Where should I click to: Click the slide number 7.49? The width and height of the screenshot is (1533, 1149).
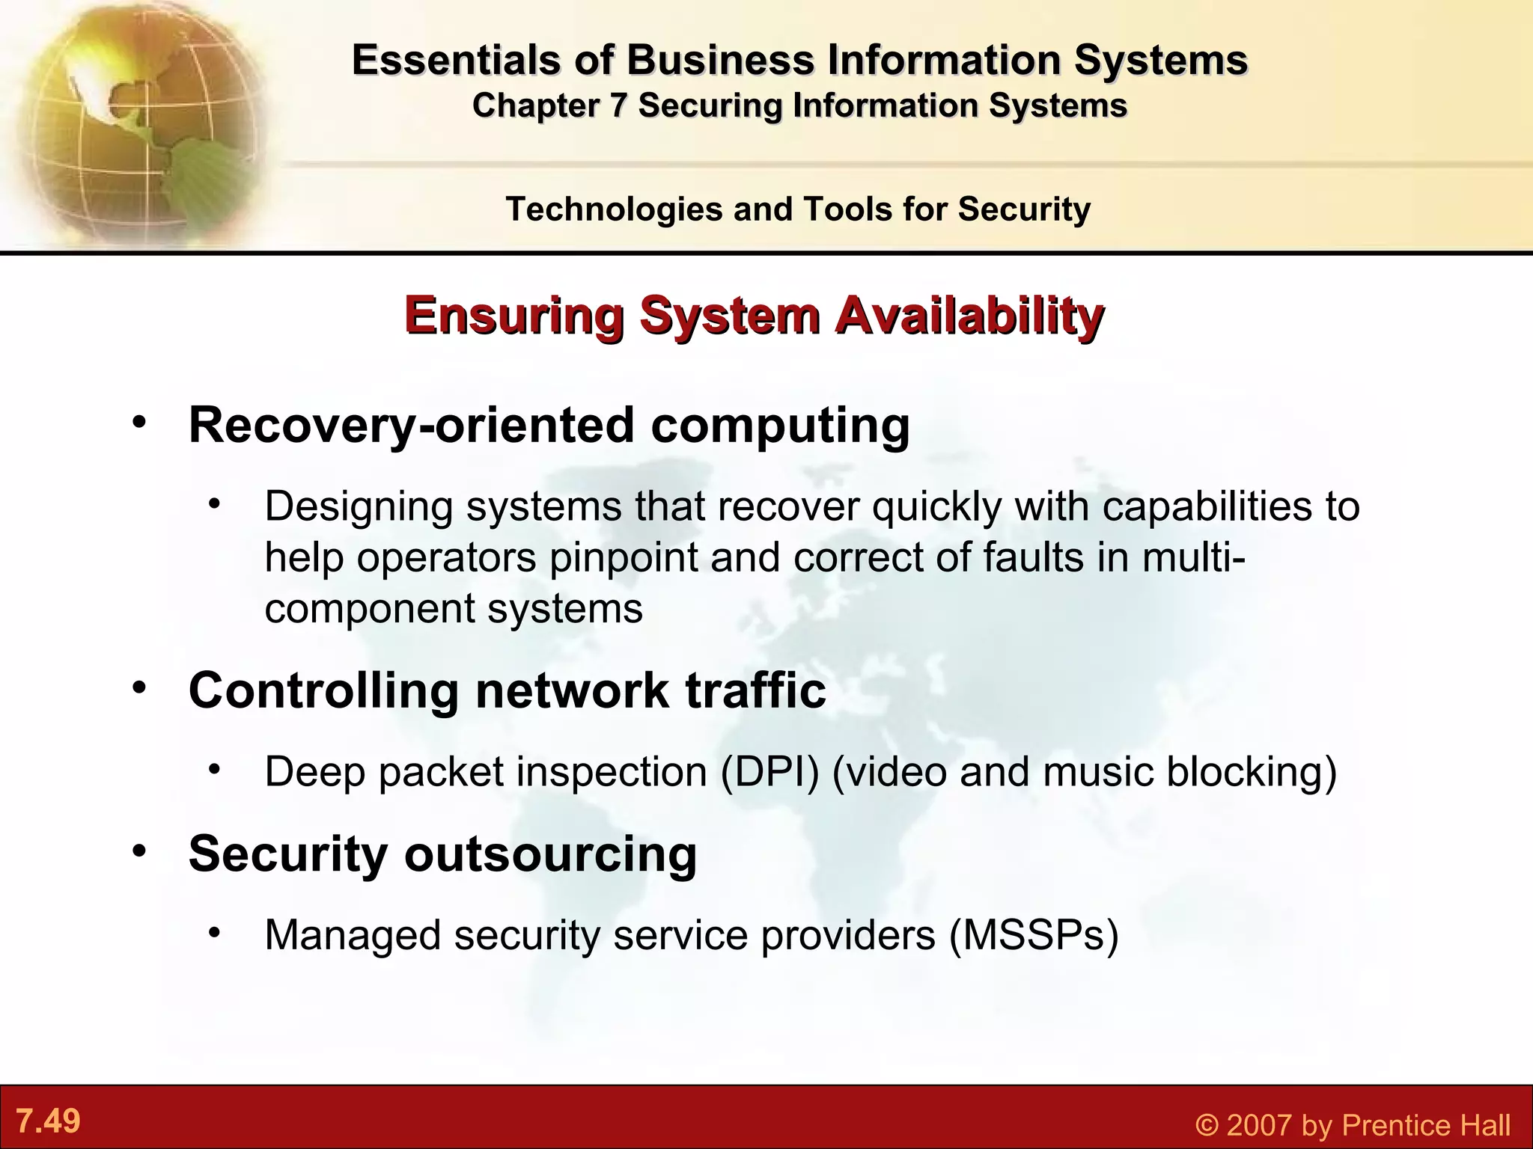(x=49, y=1121)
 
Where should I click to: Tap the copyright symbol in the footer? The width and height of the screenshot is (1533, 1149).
(x=1207, y=1125)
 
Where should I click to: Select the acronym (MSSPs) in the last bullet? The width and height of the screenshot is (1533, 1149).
(x=1034, y=935)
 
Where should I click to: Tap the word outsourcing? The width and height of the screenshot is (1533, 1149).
(x=551, y=853)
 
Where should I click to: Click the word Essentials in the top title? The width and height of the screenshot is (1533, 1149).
(x=455, y=60)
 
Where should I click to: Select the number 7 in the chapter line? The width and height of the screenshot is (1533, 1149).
(x=618, y=105)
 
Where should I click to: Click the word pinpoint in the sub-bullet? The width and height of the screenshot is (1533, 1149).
(x=624, y=557)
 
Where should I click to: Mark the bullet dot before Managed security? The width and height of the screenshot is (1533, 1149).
(x=215, y=933)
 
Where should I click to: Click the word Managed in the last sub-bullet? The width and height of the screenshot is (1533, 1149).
(x=353, y=935)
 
